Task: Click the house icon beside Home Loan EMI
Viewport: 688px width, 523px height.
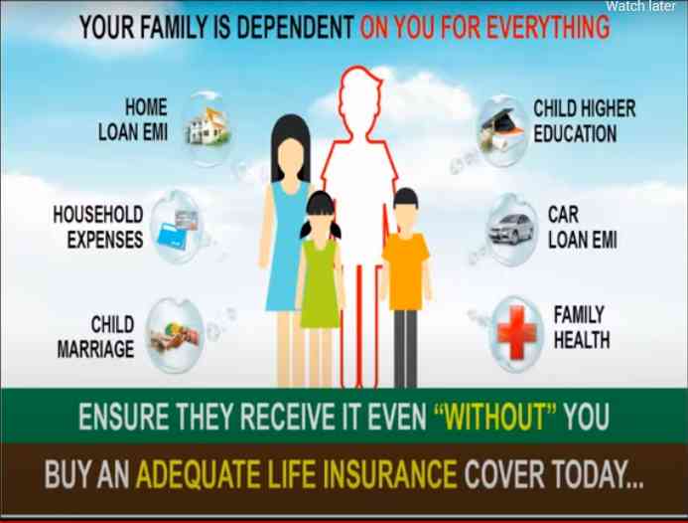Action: [207, 126]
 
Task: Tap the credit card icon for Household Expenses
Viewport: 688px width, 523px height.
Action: [178, 229]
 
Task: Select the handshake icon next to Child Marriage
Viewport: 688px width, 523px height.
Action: [175, 337]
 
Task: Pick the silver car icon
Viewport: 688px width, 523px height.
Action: [510, 229]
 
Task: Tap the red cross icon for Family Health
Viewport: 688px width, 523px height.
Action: [517, 333]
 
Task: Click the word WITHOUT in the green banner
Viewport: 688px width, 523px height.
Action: [494, 417]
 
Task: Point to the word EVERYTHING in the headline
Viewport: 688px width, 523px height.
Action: [548, 27]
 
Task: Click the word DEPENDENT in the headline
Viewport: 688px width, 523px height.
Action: [295, 27]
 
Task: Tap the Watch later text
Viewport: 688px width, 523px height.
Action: [640, 6]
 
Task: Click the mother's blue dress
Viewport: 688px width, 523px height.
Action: [287, 247]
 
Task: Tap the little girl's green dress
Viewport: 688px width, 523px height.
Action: [320, 284]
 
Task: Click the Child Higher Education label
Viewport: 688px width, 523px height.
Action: [584, 121]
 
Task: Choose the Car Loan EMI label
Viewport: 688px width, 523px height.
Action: [582, 228]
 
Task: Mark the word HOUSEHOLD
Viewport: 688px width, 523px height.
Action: [98, 215]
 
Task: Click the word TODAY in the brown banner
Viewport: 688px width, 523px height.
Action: [598, 474]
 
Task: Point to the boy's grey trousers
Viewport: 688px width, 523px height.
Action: [405, 348]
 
